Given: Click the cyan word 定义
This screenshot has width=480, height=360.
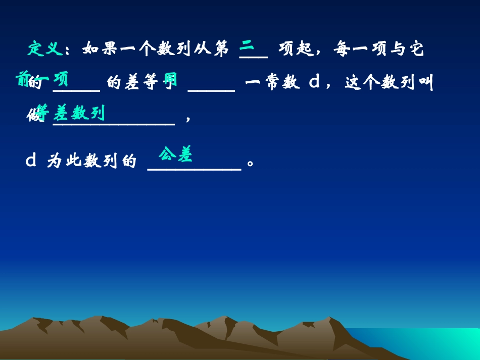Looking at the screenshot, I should pos(45,49).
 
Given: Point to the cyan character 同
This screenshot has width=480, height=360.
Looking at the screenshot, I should pos(170,80).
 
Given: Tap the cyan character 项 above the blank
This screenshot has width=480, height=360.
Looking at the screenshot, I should pos(61,79).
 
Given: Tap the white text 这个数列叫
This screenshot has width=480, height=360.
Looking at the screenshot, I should pos(389,83).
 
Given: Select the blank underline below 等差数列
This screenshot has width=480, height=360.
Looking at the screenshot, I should pos(114,123).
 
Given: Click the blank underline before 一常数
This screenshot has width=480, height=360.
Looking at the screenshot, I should pos(211,90).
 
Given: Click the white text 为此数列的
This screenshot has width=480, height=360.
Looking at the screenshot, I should pos(91,162).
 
